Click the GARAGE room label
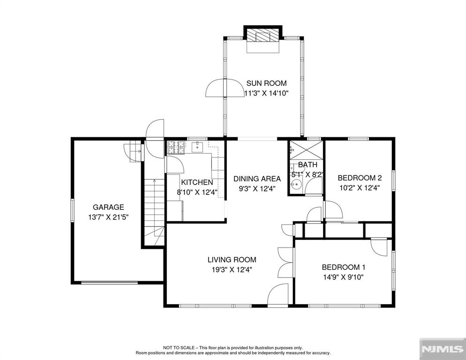pos(108,207)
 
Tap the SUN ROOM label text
pos(266,83)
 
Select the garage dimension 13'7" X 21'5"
pos(108,217)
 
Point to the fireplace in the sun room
pos(263,37)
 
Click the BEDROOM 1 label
pos(343,267)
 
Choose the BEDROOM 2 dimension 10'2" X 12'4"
pos(360,188)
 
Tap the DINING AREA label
pos(257,179)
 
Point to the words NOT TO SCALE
pos(176,347)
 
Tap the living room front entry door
pos(278,296)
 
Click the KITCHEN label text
pos(197,182)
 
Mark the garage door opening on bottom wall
pos(106,283)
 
